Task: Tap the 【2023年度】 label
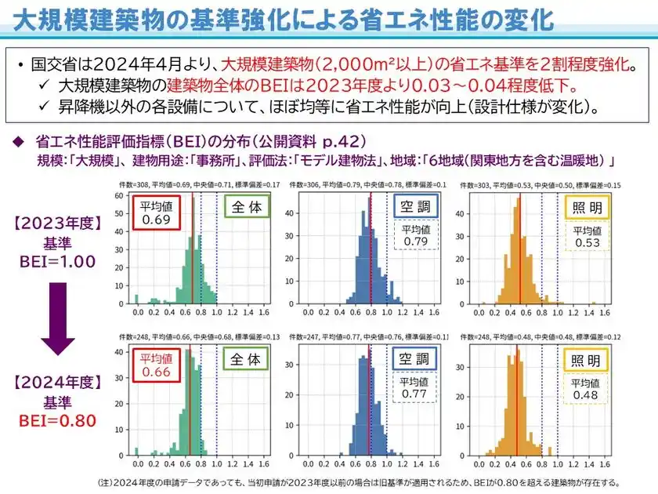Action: click(x=56, y=222)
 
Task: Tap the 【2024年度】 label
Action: click(x=56, y=384)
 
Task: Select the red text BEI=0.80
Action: click(x=57, y=420)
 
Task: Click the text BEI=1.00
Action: click(x=57, y=261)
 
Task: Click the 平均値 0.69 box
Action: click(x=156, y=213)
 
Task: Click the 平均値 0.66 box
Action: click(x=156, y=366)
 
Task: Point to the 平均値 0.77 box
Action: click(x=415, y=387)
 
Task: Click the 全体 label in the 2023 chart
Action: click(x=245, y=207)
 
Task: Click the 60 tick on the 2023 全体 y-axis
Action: click(x=117, y=196)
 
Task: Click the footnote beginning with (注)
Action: click(x=360, y=481)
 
